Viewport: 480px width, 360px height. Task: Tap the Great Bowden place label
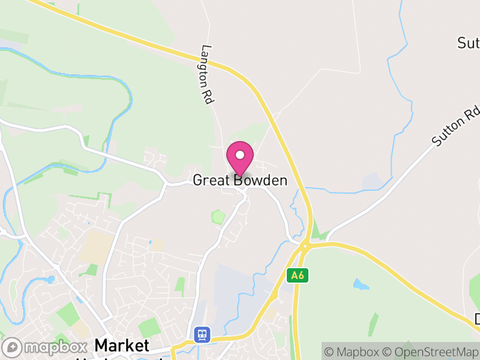point(240,180)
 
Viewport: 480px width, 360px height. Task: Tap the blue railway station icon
point(201,334)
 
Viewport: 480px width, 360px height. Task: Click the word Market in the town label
point(122,346)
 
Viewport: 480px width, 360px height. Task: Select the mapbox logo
point(44,347)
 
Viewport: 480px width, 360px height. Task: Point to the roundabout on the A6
point(304,245)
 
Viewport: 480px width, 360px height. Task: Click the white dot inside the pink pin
point(240,155)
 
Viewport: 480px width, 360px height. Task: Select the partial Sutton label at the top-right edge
point(468,43)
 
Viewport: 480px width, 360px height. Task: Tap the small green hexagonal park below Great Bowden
point(218,215)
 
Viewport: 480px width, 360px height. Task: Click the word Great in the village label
point(212,180)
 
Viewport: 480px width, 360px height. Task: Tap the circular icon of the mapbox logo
point(13,347)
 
